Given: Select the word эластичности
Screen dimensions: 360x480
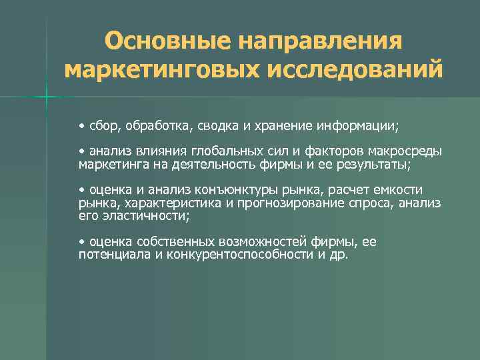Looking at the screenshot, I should coord(143,216).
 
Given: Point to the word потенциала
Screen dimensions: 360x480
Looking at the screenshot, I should coord(115,255).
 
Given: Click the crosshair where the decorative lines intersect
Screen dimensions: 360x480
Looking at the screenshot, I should coord(47,99).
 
